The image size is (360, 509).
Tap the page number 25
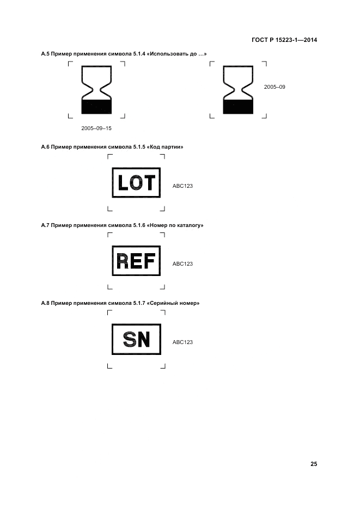pos(313,464)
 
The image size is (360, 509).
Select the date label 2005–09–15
pos(96,128)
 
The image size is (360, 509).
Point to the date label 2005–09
pos(274,87)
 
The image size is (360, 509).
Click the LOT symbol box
pos(136,182)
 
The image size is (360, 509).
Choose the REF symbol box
pos(136,261)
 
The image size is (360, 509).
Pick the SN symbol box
pos(136,339)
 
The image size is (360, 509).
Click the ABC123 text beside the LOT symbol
pos(182,186)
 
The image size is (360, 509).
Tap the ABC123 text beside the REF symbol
pos(182,264)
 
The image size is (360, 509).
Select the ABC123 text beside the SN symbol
pos(182,342)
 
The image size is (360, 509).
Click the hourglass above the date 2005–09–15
pos(96,90)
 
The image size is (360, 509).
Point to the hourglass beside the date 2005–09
pos(238,90)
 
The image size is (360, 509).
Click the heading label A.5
pos(46,54)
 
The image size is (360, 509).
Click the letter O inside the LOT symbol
pos(136,182)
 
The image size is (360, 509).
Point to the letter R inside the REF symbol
pos(123,261)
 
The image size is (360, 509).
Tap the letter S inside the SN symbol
pos(129,340)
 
